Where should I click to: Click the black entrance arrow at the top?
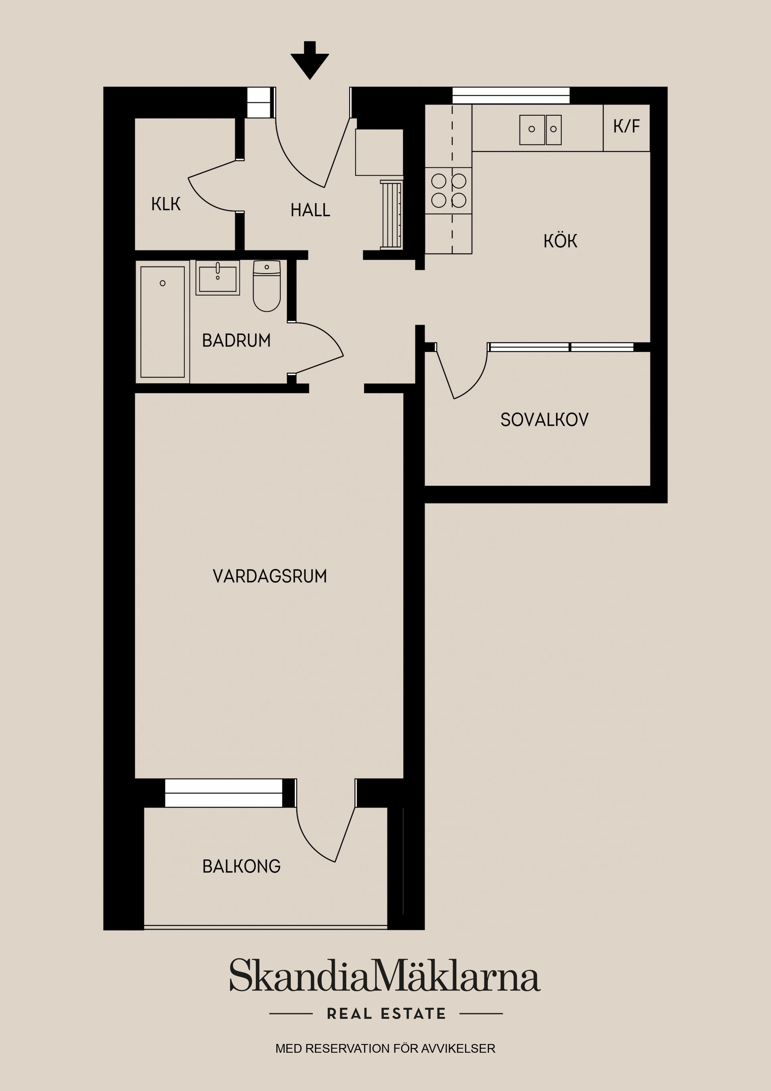click(x=310, y=60)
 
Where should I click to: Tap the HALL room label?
click(x=310, y=210)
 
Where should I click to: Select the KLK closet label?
click(x=166, y=204)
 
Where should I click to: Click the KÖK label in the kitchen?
click(x=561, y=241)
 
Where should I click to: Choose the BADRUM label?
click(x=236, y=340)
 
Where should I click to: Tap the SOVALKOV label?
click(x=545, y=420)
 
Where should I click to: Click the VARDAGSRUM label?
click(x=270, y=576)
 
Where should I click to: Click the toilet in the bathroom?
click(x=267, y=286)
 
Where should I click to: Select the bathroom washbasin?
click(x=218, y=278)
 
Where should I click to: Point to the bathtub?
click(x=163, y=322)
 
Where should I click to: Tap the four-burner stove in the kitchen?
click(x=449, y=191)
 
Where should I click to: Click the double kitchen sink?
click(x=541, y=130)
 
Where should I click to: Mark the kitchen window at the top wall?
click(x=511, y=96)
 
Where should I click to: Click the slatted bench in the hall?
click(x=392, y=215)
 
